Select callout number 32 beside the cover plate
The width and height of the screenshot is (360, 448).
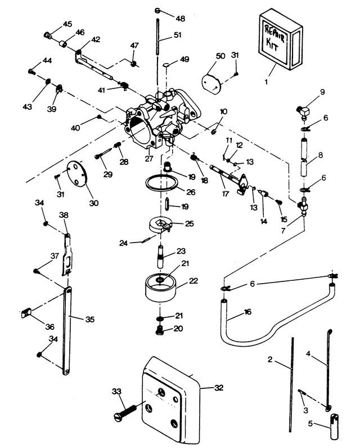coord(218,388)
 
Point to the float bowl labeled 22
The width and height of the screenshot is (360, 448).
coord(161,288)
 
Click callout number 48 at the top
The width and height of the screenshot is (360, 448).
coord(180,19)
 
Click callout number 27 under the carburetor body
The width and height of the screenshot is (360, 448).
coord(148,158)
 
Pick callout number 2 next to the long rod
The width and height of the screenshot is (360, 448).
coord(270,360)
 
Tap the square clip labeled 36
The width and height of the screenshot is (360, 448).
coord(26,313)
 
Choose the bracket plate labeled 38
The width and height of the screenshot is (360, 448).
coord(67,255)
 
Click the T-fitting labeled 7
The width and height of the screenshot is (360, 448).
coord(303,206)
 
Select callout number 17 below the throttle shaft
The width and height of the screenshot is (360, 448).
coord(226,194)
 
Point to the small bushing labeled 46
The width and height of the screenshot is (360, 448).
coord(63,44)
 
